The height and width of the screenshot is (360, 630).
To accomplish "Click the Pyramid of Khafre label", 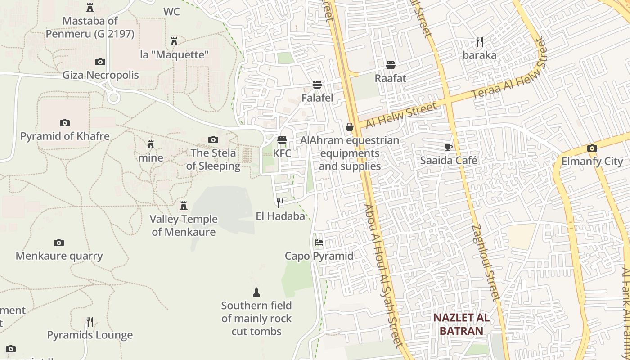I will tap(65, 136).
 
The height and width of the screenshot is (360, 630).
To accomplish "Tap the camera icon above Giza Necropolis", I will tap(100, 62).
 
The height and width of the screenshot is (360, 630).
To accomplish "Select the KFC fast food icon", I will tap(282, 140).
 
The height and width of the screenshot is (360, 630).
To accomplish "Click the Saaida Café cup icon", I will tap(449, 147).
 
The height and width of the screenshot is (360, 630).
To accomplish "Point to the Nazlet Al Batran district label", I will tap(461, 324).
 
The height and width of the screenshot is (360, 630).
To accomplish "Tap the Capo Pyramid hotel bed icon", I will tap(319, 243).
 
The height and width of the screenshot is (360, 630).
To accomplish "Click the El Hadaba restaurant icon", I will tap(280, 203).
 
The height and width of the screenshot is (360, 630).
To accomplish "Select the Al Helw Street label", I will tap(401, 115).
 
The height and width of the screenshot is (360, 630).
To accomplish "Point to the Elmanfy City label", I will tap(592, 162).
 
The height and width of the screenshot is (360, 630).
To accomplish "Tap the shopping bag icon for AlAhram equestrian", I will tap(350, 127).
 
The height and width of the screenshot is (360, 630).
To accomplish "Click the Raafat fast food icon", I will tap(391, 65).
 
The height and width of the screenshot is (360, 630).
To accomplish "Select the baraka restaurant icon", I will tap(480, 42).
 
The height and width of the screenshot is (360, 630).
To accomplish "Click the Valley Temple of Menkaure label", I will tap(184, 225).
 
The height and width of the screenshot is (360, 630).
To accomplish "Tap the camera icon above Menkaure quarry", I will tap(59, 243).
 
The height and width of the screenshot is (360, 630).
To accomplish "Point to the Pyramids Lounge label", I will tap(90, 335).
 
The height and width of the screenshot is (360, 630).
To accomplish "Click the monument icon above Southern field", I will tap(256, 292).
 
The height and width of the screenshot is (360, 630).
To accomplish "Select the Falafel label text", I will tap(317, 98).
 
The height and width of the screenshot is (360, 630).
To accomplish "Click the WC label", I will tap(171, 12).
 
